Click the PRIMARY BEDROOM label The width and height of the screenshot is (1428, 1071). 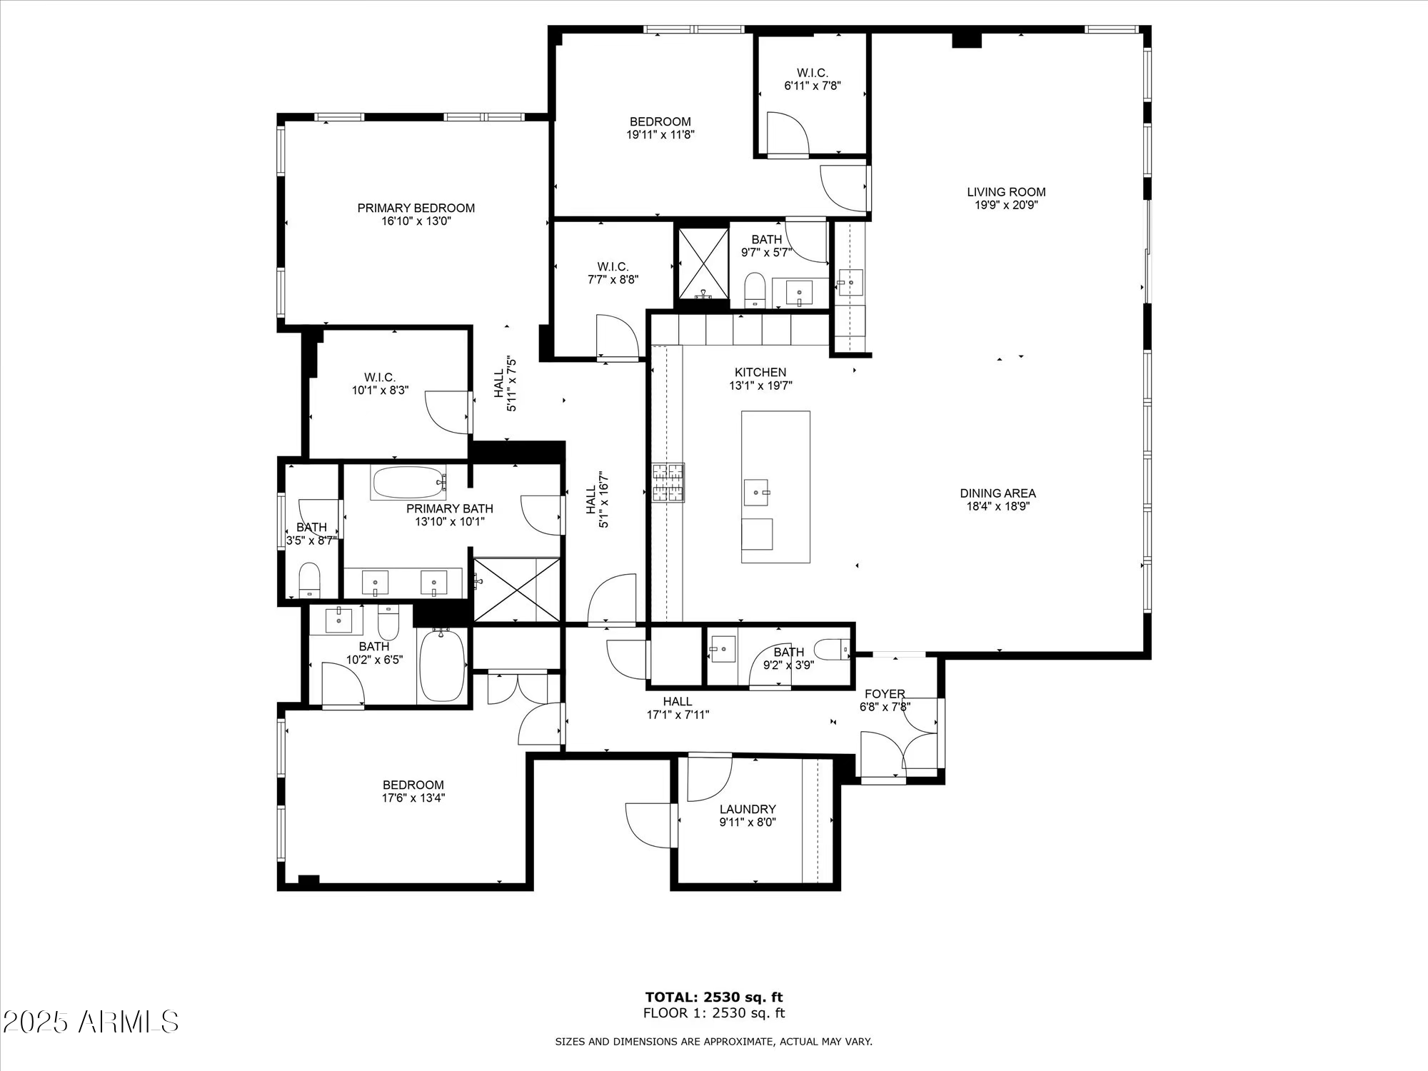(416, 208)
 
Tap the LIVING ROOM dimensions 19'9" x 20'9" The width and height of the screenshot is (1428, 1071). (1006, 205)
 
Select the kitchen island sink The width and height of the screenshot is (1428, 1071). (756, 492)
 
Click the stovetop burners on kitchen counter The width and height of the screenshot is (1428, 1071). (668, 482)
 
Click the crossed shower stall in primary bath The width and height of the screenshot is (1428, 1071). (517, 590)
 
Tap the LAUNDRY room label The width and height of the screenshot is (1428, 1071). (748, 809)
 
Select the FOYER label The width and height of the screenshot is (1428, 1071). (885, 694)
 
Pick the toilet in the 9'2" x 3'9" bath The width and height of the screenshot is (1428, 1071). (833, 649)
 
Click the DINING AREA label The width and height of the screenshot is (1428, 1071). (997, 493)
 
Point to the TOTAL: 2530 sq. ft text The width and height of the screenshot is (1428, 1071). (714, 997)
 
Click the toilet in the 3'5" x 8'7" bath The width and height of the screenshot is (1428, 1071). (310, 578)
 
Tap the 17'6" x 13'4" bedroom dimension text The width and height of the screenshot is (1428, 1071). (413, 798)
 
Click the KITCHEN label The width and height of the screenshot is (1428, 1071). (760, 372)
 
